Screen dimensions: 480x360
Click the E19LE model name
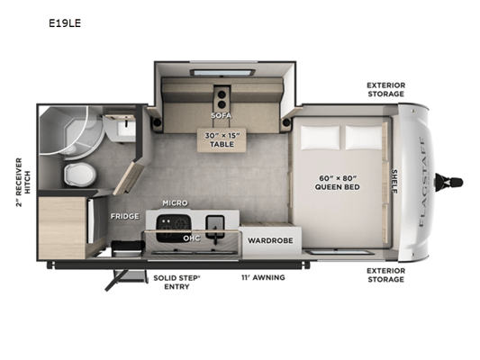coord(65,23)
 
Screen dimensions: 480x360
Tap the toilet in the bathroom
coord(79,175)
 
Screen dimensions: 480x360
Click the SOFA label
coord(221,115)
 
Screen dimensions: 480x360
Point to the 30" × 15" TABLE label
coord(222,139)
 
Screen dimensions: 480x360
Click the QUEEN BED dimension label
coord(338,183)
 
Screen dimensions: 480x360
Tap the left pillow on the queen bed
coord(320,138)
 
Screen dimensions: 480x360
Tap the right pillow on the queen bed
coord(364,138)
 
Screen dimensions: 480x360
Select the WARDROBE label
coord(270,240)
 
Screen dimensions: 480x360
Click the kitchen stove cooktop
coord(173,228)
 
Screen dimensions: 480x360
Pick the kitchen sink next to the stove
coord(215,227)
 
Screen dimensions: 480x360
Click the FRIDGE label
coord(125,216)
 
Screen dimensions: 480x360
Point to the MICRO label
coord(175,202)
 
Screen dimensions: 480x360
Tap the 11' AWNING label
coord(263,277)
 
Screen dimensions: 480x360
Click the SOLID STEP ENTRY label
coord(177,282)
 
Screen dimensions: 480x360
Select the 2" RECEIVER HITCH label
coord(23,183)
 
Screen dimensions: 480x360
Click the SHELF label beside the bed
coord(394,182)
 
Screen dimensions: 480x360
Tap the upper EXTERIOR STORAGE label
coord(386,89)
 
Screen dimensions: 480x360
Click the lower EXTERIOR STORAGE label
coord(386,275)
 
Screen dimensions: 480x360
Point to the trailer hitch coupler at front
coord(448,182)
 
